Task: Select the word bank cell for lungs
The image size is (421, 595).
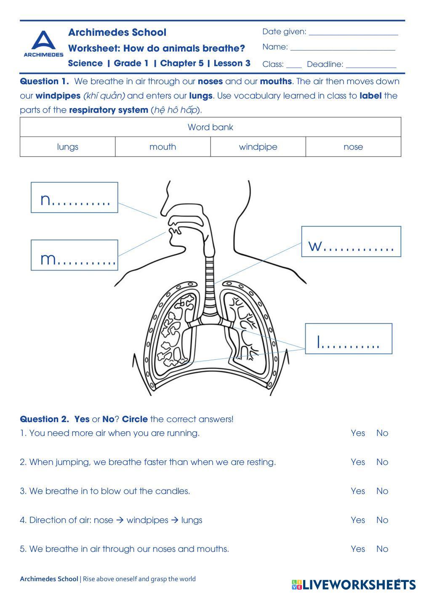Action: (67, 147)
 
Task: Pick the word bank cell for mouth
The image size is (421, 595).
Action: (163, 147)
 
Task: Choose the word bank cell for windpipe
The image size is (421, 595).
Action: (258, 147)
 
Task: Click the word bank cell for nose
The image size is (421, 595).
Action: (353, 147)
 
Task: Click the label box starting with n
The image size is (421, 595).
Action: (75, 198)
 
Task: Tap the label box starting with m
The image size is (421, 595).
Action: (75, 255)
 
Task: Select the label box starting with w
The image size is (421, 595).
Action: (351, 242)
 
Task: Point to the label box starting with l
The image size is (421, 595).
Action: (349, 339)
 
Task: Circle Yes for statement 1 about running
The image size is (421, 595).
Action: (358, 433)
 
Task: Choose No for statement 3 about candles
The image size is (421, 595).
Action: (382, 491)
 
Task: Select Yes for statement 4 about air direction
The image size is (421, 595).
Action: (358, 520)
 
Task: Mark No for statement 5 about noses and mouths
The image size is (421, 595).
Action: (382, 549)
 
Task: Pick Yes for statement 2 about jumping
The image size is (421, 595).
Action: (358, 462)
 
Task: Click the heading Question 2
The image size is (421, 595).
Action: (44, 419)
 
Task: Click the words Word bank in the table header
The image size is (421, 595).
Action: (210, 127)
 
